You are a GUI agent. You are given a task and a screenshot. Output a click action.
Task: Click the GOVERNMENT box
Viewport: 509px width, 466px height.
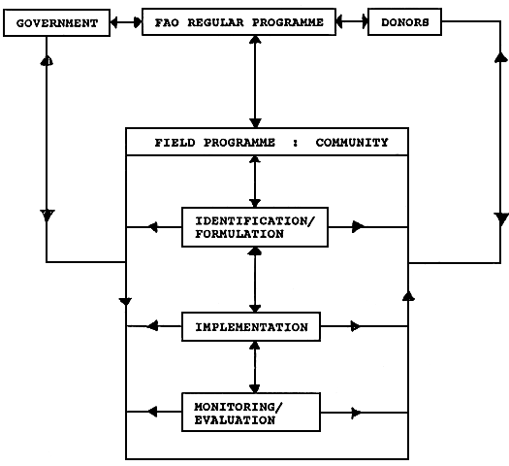click(56, 22)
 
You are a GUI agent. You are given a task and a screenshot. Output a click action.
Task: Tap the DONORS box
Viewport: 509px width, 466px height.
click(404, 22)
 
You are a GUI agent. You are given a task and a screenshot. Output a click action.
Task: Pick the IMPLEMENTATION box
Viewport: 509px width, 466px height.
click(251, 327)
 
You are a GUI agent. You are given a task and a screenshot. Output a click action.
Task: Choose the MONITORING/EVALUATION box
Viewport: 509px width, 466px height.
click(251, 413)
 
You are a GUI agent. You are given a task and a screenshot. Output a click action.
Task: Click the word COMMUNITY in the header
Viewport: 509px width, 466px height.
click(352, 143)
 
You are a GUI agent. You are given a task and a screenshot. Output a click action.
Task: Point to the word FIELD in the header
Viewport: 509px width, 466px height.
click(175, 143)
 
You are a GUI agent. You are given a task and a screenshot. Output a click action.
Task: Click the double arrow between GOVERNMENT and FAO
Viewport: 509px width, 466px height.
click(125, 21)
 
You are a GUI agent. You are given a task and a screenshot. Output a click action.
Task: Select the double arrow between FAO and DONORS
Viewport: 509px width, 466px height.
click(352, 21)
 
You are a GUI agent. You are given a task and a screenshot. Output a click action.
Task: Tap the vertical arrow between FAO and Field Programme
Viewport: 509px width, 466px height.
click(254, 82)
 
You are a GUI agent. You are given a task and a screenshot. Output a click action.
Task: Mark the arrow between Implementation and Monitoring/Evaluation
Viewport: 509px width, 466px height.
click(254, 366)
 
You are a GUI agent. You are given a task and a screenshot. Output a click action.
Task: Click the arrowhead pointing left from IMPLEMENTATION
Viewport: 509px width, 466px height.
click(151, 327)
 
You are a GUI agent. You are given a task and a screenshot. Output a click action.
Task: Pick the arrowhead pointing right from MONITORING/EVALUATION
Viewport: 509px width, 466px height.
click(357, 413)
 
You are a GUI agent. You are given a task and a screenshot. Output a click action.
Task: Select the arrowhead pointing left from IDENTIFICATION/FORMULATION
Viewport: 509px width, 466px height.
click(151, 227)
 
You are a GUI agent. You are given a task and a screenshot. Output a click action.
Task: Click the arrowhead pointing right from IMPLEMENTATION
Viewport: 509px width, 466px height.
click(357, 327)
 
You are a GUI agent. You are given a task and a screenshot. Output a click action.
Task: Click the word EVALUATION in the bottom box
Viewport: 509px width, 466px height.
click(235, 420)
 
